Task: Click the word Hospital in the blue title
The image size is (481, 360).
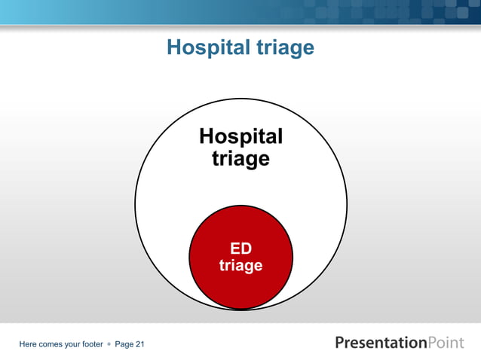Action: click(206, 48)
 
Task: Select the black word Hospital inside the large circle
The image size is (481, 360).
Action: click(240, 136)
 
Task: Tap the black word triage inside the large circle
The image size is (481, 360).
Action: click(240, 159)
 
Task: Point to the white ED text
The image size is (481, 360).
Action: click(240, 249)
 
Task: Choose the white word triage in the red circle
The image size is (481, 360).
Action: click(240, 266)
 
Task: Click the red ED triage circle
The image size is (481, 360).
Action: click(240, 286)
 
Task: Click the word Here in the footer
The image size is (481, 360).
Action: click(29, 344)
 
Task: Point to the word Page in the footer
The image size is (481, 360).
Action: click(124, 344)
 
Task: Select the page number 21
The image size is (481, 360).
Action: click(139, 344)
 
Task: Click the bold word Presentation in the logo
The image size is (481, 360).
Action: click(381, 343)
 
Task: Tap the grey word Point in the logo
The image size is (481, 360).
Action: click(446, 343)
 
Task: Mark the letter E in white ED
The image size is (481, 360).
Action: click(234, 249)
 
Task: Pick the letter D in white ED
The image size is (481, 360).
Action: click(247, 249)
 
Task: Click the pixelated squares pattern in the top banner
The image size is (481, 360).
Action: click(377, 12)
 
